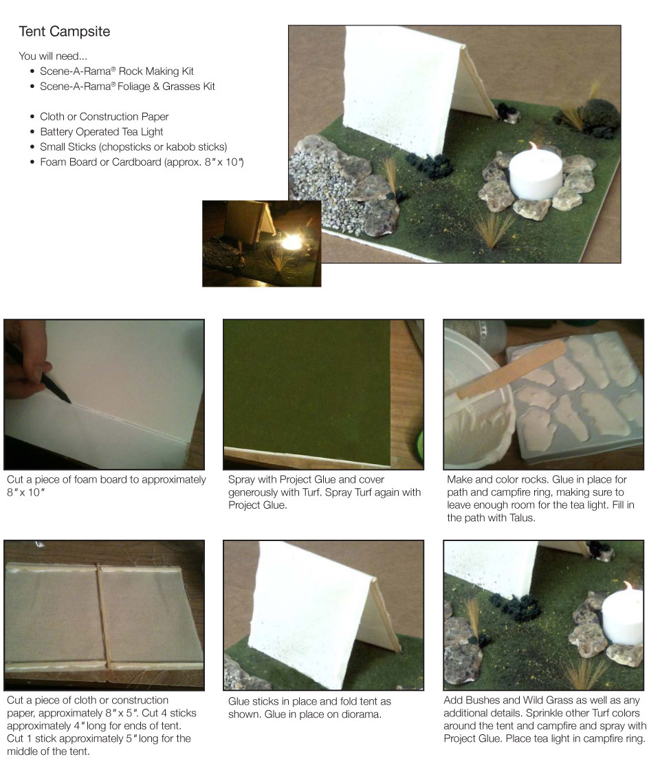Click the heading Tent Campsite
(65, 32)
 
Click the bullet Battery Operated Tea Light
(101, 132)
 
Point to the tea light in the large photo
(536, 173)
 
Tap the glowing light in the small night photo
(291, 241)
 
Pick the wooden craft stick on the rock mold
(511, 369)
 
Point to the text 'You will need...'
(53, 56)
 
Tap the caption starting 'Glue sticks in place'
(309, 707)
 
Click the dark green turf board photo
(323, 395)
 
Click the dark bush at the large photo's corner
(599, 117)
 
